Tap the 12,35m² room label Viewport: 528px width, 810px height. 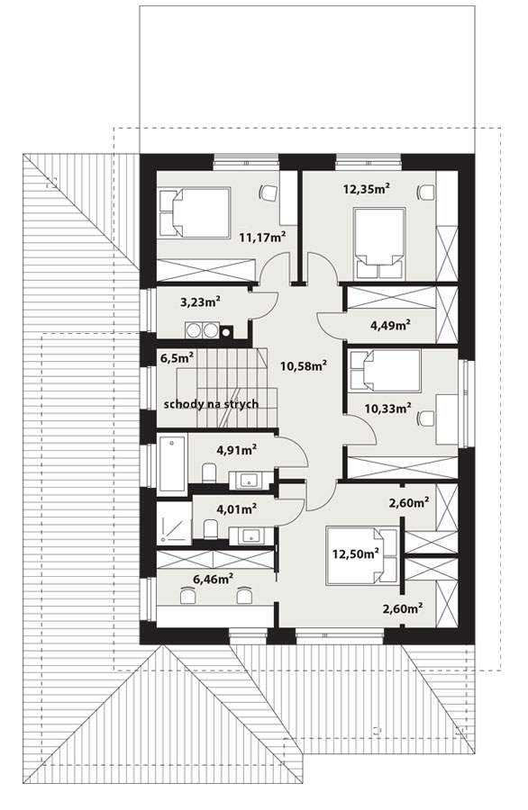366,188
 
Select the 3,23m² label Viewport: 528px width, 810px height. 201,301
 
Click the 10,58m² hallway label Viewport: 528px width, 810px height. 304,365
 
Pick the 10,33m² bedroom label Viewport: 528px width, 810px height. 387,409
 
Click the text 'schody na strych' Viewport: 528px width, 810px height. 211,404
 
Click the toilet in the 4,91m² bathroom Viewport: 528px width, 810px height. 209,472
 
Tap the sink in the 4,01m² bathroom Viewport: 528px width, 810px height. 250,536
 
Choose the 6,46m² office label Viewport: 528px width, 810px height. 213,579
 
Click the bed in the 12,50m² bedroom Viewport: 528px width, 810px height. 362,555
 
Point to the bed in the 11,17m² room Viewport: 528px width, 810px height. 194,212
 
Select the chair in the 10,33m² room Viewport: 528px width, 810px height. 426,418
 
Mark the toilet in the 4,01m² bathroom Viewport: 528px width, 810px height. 210,529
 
